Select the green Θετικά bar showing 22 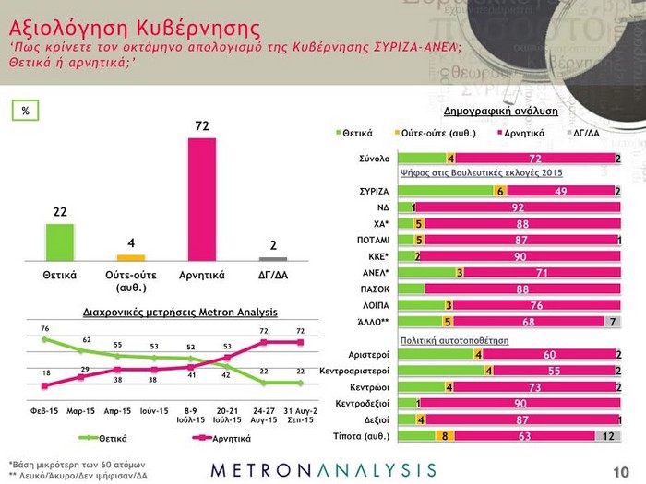(60, 242)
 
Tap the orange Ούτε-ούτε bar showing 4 (131, 257)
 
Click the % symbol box (26, 111)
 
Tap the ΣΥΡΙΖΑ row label (374, 191)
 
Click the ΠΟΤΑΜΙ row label (371, 240)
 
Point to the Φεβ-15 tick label (44, 408)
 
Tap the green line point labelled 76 (44, 339)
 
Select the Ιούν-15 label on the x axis (153, 408)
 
